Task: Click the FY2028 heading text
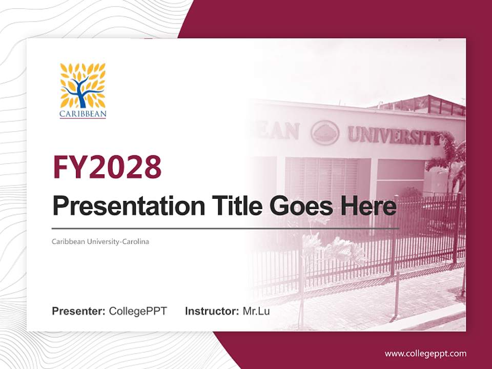[107, 167]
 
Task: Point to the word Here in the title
[367, 206]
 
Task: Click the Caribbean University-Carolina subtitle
[100, 241]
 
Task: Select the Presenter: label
[78, 311]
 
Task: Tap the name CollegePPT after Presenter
[138, 311]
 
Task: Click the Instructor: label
[212, 311]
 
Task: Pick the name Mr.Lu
[256, 311]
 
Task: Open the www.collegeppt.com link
[425, 354]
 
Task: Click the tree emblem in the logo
[83, 85]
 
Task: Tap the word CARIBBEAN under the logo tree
[83, 114]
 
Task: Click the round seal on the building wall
[325, 132]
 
